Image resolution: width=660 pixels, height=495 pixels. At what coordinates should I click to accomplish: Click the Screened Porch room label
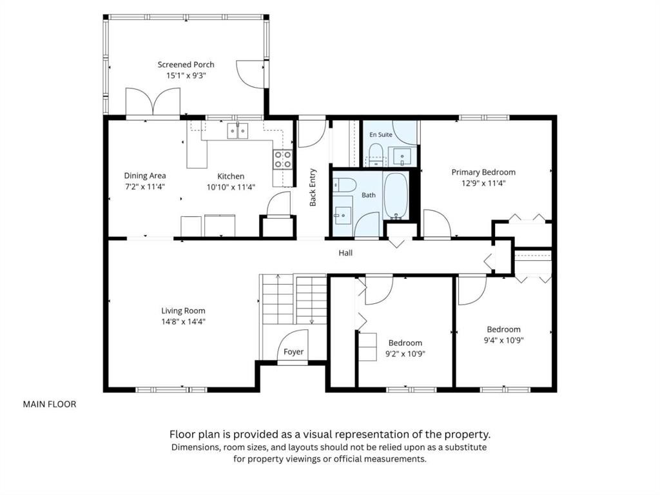186,65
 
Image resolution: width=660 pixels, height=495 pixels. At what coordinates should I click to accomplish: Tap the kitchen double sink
237,131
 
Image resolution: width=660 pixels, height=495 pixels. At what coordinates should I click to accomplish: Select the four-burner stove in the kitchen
282,159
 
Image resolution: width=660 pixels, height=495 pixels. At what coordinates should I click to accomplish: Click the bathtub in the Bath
396,196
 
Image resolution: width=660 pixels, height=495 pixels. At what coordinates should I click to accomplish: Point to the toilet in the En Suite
375,154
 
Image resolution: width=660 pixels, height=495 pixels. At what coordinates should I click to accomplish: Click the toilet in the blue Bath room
345,185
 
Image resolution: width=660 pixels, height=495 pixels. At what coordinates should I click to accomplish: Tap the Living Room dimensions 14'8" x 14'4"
183,321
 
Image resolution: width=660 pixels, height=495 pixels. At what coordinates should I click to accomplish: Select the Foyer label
293,352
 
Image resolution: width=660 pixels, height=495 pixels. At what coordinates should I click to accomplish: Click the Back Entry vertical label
313,188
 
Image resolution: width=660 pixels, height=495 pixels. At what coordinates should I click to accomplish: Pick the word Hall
345,253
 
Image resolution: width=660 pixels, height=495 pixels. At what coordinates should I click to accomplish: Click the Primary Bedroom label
483,172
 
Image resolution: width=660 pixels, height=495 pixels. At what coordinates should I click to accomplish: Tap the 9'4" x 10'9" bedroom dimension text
503,340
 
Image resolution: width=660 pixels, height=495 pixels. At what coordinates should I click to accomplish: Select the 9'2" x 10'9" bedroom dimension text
405,354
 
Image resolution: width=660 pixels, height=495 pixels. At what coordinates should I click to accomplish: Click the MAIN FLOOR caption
50,405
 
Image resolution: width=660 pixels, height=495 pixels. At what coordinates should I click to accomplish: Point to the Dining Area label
145,176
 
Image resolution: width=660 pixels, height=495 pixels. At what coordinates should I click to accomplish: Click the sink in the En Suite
402,156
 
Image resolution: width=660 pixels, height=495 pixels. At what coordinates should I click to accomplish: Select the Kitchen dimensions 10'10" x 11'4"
231,187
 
